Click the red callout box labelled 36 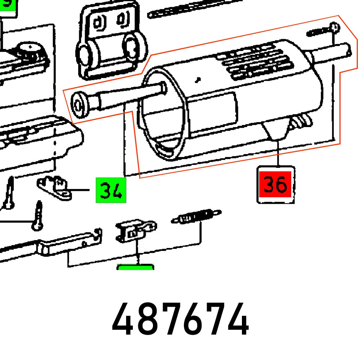pos(276,185)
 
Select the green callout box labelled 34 pos(111,190)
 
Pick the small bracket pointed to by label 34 pos(55,188)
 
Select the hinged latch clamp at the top pos(110,41)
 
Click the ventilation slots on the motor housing pos(252,61)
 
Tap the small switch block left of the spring pos(131,231)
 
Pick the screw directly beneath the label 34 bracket pos(38,216)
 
